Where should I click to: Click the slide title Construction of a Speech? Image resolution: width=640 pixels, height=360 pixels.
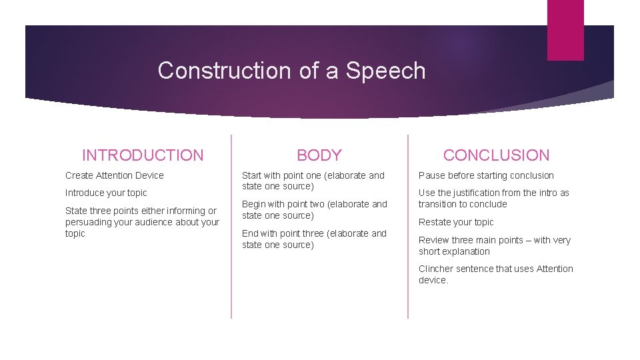point(291,71)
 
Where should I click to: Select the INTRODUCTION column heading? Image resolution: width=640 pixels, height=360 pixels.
point(143,155)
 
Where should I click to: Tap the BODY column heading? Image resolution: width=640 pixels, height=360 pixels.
point(319,155)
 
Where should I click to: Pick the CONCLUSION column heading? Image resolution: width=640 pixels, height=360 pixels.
point(497,155)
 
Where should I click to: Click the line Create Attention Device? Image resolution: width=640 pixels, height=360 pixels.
point(114,175)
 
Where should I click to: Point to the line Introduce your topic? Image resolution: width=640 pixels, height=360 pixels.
point(106,193)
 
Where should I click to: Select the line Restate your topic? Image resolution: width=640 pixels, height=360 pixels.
point(456,222)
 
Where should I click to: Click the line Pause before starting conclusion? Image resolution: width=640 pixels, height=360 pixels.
point(486,175)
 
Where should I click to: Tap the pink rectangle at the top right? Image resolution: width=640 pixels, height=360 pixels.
point(565,29)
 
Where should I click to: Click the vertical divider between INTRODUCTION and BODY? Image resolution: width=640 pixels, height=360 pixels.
point(231,227)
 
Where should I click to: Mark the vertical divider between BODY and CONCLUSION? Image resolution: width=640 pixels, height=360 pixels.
point(408,227)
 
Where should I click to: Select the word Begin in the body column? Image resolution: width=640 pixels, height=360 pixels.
point(253,204)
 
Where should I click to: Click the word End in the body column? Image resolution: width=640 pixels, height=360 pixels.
point(251,233)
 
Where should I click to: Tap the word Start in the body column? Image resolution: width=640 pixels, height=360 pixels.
point(252,175)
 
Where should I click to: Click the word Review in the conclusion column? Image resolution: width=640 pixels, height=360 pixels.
point(433,240)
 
